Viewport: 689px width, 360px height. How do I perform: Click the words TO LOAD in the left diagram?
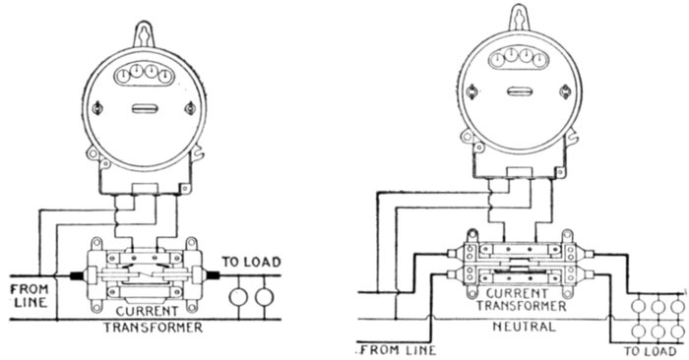coord(251,262)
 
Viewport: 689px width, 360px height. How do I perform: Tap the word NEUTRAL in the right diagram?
coord(524,327)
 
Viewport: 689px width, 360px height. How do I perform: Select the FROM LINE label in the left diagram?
coord(30,296)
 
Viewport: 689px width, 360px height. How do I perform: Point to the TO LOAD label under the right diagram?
coord(651,351)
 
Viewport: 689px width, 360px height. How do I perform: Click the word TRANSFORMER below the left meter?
coord(153,328)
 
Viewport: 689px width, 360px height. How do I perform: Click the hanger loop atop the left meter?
coord(144,34)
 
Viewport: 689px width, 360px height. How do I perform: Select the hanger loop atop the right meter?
coord(520,19)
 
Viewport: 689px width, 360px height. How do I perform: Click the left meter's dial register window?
coord(144,74)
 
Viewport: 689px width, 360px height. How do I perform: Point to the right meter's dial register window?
coord(520,57)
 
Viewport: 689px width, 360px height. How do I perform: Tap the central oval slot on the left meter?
coord(144,108)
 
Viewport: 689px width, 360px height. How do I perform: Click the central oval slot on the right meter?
coord(520,91)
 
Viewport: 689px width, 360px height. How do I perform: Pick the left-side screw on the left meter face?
coord(97,108)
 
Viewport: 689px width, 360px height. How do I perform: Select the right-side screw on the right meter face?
coord(566,92)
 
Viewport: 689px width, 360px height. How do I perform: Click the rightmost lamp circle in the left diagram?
coord(265,297)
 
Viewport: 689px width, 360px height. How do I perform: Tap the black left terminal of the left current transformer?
coord(78,276)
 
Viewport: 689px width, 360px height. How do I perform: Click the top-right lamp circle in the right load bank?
coord(678,307)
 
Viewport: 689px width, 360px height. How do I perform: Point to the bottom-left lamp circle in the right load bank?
coord(638,331)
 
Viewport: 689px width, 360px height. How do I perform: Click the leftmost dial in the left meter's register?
coord(124,76)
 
